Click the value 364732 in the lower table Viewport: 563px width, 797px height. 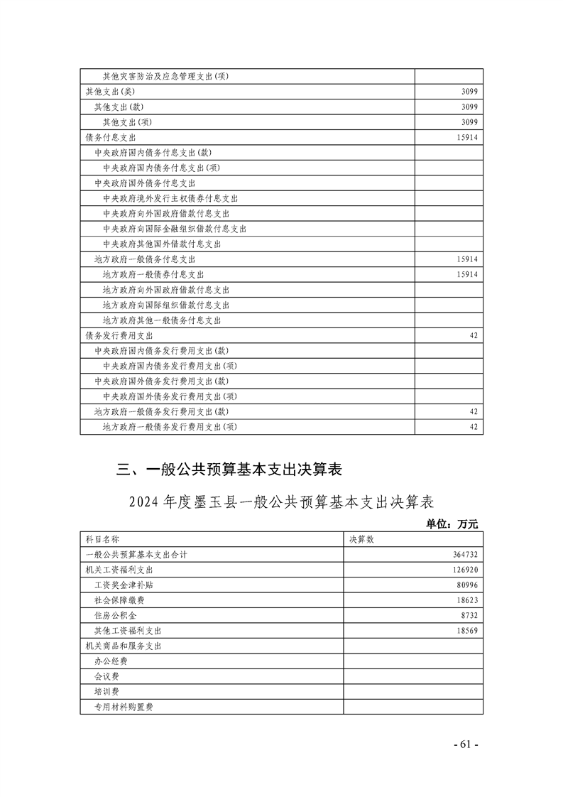(465, 554)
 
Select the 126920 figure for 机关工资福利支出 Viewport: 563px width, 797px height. (465, 570)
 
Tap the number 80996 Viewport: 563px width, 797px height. (467, 585)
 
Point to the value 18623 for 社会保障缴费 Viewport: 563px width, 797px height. (467, 600)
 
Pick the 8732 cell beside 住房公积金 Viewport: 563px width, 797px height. (469, 615)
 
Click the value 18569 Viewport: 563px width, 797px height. (467, 631)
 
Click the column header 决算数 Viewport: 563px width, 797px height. (361, 539)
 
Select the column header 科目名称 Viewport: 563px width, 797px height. (102, 539)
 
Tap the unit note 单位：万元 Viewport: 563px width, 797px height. (452, 524)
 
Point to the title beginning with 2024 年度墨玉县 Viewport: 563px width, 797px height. (281, 501)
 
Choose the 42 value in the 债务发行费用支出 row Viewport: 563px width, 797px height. (474, 335)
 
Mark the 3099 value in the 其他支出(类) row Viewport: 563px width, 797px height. (469, 92)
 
